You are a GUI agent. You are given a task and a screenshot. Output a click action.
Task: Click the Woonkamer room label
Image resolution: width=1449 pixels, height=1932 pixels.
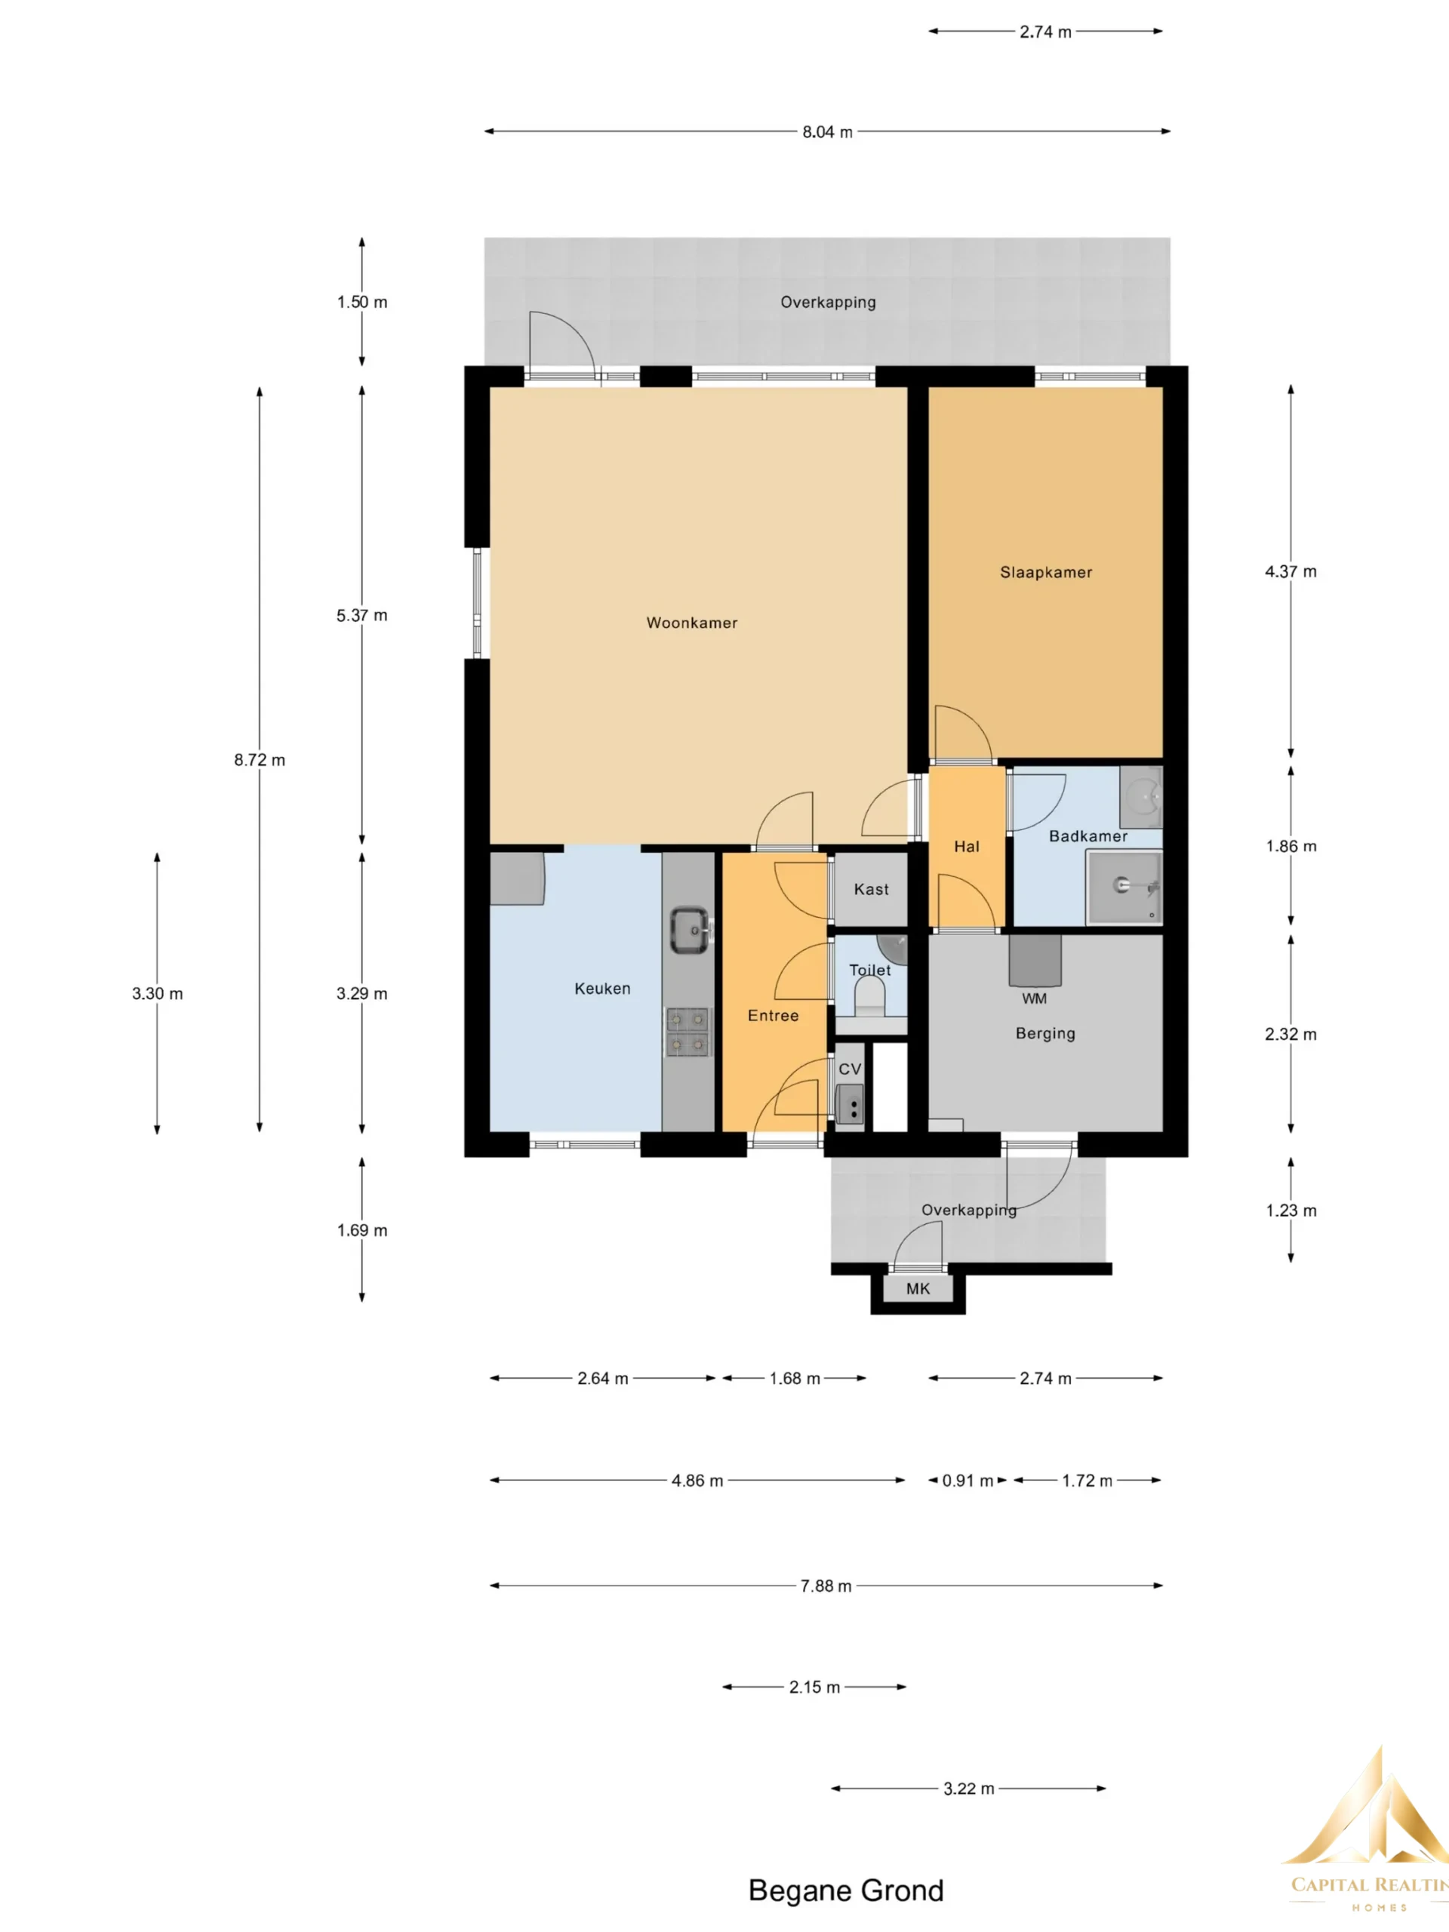(692, 623)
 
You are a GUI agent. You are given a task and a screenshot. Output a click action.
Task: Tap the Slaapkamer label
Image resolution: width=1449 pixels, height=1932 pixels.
(1045, 572)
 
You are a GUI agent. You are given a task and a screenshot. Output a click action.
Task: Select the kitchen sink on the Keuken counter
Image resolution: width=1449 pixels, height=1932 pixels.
(690, 929)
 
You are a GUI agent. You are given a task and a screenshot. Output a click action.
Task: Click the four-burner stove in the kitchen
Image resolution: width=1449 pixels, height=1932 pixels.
(688, 1032)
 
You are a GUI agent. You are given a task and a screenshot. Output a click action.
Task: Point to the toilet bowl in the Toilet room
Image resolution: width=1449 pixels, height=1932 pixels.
(869, 995)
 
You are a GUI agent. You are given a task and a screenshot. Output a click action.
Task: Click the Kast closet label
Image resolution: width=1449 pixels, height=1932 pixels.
(871, 889)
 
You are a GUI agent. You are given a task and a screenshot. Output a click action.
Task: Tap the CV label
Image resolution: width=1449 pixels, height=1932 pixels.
(850, 1069)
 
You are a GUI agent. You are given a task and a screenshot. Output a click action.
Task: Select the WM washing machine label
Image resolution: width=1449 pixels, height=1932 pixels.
(1034, 998)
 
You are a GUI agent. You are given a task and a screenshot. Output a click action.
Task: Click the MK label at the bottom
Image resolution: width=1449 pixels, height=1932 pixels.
(918, 1288)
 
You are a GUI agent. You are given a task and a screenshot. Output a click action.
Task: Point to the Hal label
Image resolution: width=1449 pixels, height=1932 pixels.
(966, 846)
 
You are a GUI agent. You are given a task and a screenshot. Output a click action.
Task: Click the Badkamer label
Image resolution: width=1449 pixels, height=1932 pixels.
(1088, 836)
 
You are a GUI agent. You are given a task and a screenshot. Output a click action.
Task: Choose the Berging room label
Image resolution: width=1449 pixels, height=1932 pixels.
(1044, 1033)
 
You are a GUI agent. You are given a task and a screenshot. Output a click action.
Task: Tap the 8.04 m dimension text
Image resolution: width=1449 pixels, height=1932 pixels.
(827, 132)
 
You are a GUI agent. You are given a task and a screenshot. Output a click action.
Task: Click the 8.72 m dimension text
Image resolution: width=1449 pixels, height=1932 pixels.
(260, 760)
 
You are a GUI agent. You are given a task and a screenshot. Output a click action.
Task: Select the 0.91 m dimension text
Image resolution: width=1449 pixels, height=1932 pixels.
(968, 1481)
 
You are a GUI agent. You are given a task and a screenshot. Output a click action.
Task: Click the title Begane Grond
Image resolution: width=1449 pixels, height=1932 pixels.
(845, 1890)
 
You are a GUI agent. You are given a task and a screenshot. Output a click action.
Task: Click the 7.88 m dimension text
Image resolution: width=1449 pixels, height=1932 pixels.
(826, 1586)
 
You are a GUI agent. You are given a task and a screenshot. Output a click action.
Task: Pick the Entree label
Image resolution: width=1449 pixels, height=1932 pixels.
(773, 1016)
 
